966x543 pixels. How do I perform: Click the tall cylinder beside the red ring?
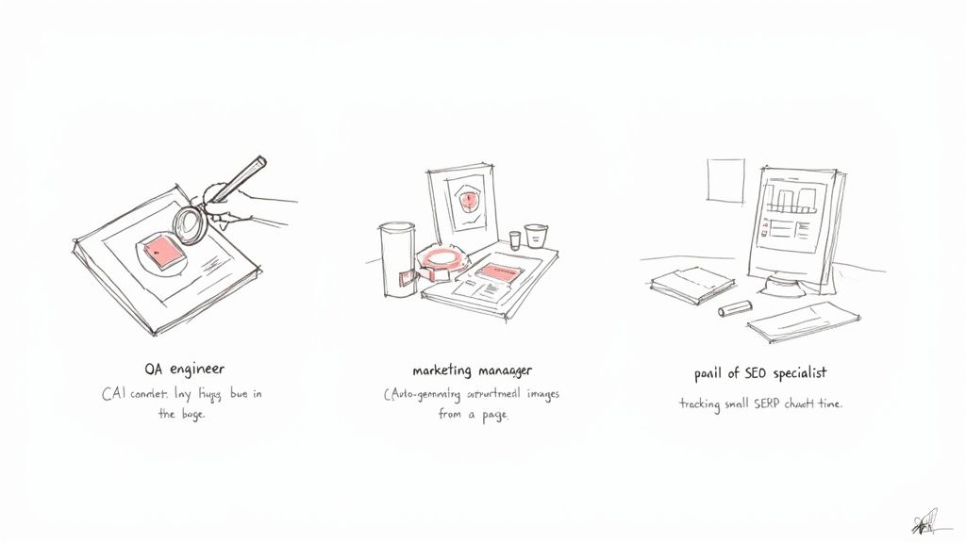click(396, 258)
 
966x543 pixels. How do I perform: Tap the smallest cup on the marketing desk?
click(513, 239)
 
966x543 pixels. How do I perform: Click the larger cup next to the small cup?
click(536, 235)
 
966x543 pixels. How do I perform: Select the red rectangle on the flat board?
click(497, 272)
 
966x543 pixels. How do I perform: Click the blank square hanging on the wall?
click(724, 180)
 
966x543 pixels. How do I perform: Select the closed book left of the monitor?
click(691, 284)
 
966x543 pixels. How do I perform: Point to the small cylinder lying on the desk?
click(735, 307)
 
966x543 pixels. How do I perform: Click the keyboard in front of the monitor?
click(804, 322)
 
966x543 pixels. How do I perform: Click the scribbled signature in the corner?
click(925, 521)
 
